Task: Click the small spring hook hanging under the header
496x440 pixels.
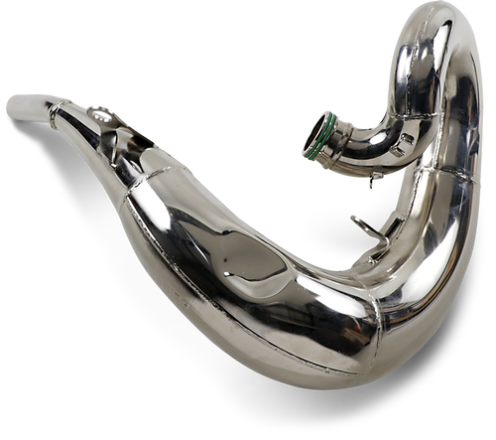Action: [x=375, y=180]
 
